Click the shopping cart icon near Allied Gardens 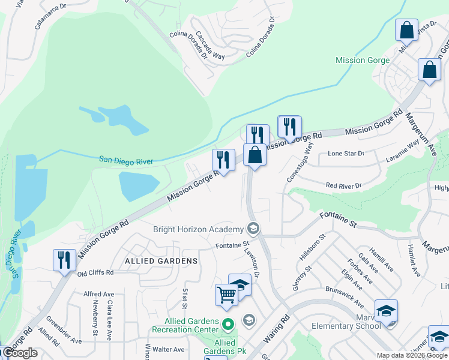tap(226, 295)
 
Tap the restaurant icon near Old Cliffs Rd tap(64, 260)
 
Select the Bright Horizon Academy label tap(197, 229)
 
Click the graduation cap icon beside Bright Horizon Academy tap(253, 229)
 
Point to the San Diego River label tap(126, 161)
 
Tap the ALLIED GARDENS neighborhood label tap(161, 261)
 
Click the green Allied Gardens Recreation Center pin tap(228, 325)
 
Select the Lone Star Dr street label tap(346, 154)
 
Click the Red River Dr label tap(345, 186)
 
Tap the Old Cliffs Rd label tap(95, 273)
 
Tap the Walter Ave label tap(168, 349)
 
